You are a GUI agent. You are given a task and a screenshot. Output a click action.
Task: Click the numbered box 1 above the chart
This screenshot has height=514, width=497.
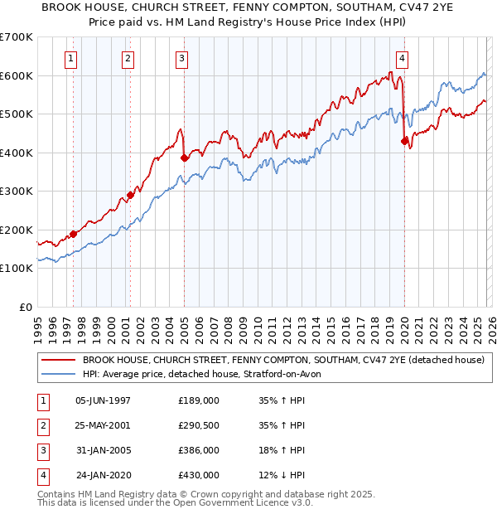click(x=71, y=58)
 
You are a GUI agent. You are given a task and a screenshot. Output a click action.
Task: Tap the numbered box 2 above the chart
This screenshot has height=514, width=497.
click(x=128, y=58)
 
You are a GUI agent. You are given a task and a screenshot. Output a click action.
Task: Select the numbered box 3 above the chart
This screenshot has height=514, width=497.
click(x=181, y=58)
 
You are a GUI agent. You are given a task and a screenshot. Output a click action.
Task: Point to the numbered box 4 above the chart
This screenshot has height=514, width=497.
click(x=402, y=58)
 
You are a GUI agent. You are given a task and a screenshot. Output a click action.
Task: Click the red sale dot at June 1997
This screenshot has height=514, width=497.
click(x=73, y=234)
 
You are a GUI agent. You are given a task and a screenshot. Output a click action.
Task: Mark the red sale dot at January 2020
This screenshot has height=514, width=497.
click(x=404, y=142)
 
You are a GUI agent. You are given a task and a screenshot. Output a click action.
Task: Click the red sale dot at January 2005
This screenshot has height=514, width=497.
click(x=184, y=158)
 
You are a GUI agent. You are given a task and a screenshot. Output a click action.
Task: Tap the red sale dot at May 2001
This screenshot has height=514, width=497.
click(x=130, y=196)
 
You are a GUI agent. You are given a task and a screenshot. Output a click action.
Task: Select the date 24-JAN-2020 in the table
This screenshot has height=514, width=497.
click(x=103, y=475)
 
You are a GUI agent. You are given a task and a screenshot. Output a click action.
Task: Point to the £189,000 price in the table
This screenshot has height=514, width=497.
click(x=198, y=400)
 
